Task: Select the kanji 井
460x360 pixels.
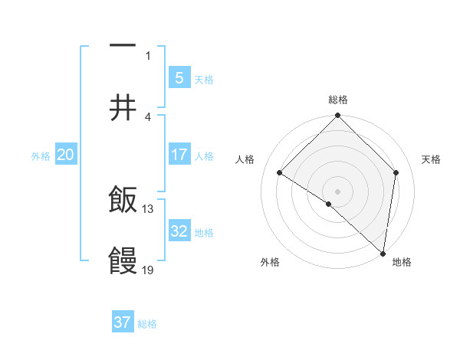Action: point(123,109)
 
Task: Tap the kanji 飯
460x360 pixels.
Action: point(123,201)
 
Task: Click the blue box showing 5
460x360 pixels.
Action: point(179,77)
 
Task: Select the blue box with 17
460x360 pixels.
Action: point(179,155)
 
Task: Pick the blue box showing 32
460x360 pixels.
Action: point(179,231)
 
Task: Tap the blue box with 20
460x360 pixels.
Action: point(66,155)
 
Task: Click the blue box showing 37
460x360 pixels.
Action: point(123,322)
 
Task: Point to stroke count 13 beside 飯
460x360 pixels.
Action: point(148,208)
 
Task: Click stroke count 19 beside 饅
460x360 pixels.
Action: point(148,270)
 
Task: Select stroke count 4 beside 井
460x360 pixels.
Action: point(148,116)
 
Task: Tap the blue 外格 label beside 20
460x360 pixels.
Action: point(41,156)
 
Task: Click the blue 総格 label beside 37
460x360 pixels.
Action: point(147,324)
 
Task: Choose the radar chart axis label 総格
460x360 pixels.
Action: point(338,100)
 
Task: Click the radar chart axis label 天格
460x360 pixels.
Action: point(432,159)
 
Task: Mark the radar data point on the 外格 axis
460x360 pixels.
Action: point(329,204)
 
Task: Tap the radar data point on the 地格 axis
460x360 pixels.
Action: point(383,253)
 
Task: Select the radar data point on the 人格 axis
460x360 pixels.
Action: point(280,173)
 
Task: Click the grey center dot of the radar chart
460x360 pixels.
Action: point(338,191)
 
